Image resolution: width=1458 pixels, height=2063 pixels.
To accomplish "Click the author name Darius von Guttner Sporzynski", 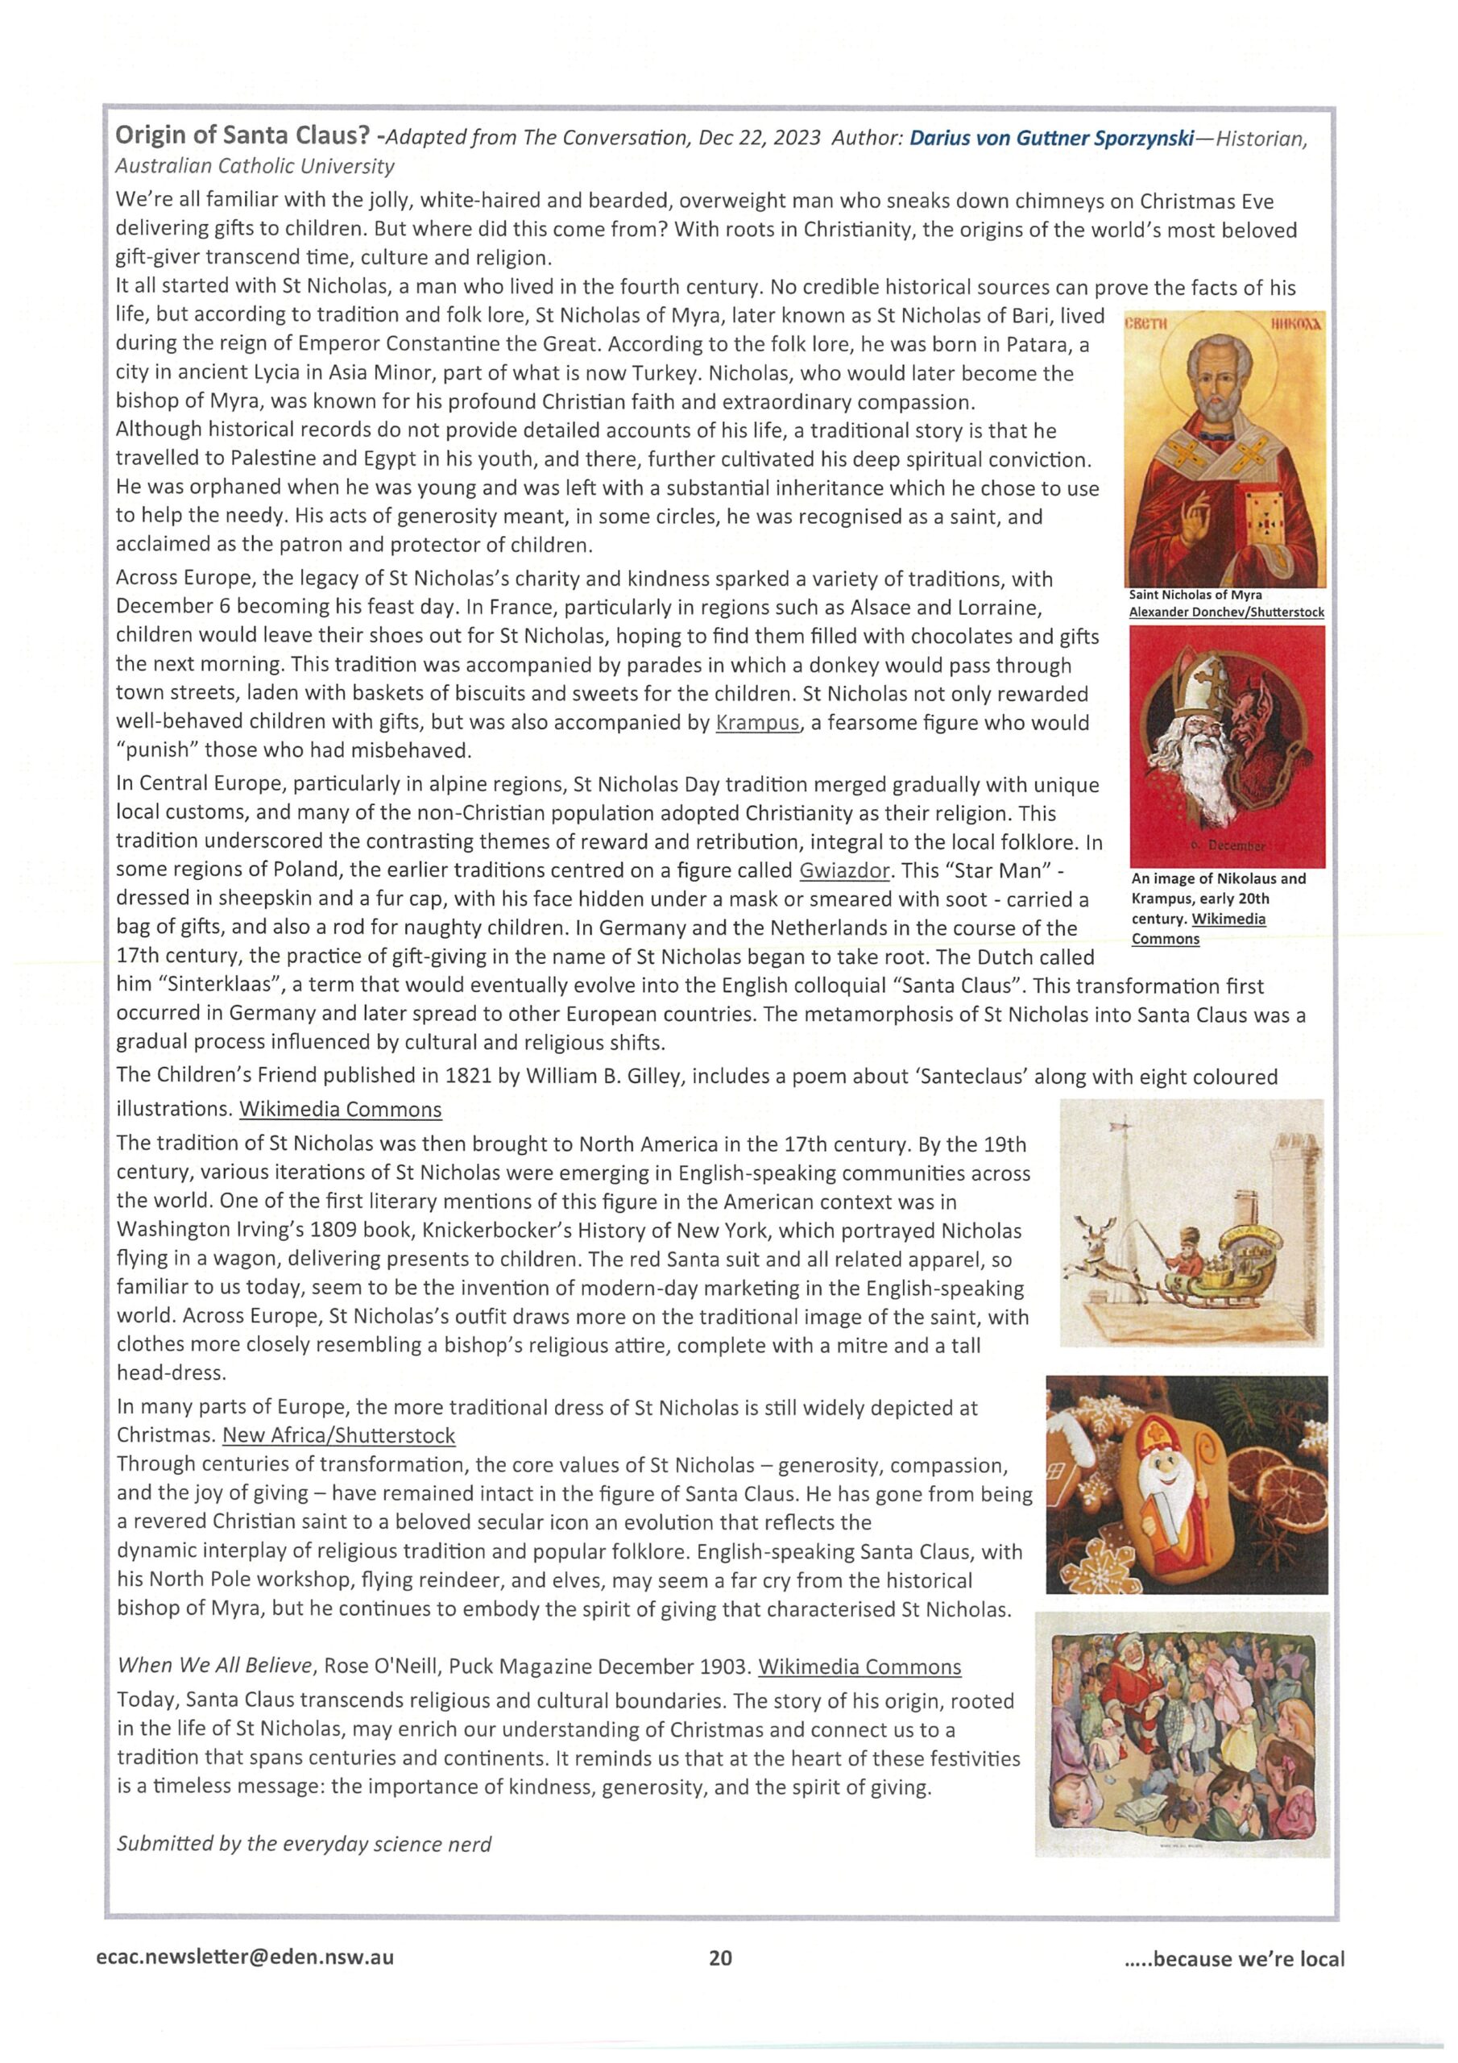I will point(1051,138).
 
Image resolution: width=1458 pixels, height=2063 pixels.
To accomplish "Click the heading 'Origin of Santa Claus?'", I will point(242,135).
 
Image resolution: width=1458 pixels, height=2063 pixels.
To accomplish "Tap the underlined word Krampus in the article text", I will point(756,724).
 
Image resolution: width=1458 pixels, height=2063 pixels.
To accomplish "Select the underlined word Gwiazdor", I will point(843,870).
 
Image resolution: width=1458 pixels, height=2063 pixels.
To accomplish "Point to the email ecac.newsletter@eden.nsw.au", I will point(244,1957).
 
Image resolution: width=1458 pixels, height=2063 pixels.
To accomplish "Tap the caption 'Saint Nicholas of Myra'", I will point(1195,595).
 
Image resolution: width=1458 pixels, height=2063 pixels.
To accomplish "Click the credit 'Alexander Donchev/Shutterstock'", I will point(1226,612).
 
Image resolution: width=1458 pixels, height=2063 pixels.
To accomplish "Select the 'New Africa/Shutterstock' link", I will point(338,1436).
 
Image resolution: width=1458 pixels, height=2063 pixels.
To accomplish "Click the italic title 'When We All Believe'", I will point(215,1666).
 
